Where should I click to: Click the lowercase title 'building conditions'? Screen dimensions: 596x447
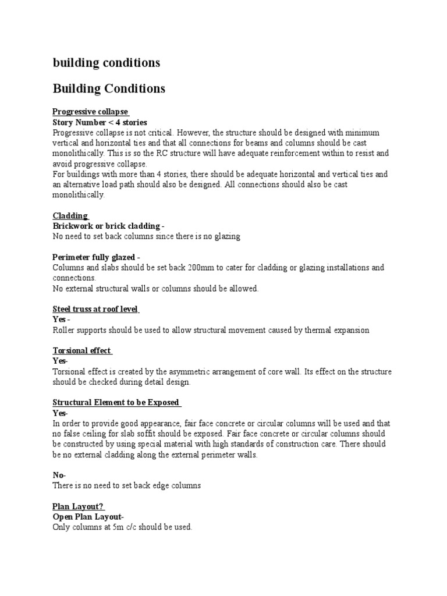coord(106,63)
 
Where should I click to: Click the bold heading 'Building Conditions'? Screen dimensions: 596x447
coord(109,89)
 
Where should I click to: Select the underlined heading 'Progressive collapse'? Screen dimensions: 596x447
coord(90,112)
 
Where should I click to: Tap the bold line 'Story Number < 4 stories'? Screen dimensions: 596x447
coord(100,122)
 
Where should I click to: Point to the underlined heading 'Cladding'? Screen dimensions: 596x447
coord(70,216)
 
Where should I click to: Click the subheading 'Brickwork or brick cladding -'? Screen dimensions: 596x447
coord(108,226)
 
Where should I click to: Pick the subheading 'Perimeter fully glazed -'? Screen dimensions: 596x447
coord(96,257)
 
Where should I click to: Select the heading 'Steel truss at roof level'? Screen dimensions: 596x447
coord(95,309)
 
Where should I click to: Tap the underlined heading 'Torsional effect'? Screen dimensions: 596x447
coord(82,351)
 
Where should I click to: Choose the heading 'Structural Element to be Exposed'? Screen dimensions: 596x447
coord(116,403)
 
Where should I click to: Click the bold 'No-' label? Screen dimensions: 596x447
coord(59,476)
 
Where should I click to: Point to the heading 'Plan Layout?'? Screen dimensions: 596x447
coord(78,506)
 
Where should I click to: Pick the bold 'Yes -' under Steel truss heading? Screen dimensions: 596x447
coord(61,320)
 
